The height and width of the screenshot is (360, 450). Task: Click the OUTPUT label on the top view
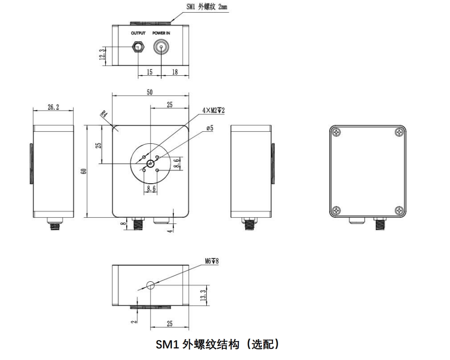(x=138, y=33)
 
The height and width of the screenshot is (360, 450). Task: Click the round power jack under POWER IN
(x=162, y=48)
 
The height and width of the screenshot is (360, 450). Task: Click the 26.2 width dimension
(x=53, y=107)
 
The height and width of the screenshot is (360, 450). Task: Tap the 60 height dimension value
(x=83, y=171)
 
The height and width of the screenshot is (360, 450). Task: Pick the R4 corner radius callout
(x=103, y=115)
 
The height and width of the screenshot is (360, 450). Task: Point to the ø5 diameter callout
(x=210, y=128)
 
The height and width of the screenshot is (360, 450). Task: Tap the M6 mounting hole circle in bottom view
(x=150, y=286)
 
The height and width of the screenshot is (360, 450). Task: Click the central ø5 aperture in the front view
(x=150, y=163)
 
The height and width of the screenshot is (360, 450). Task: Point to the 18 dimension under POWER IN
(x=174, y=72)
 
